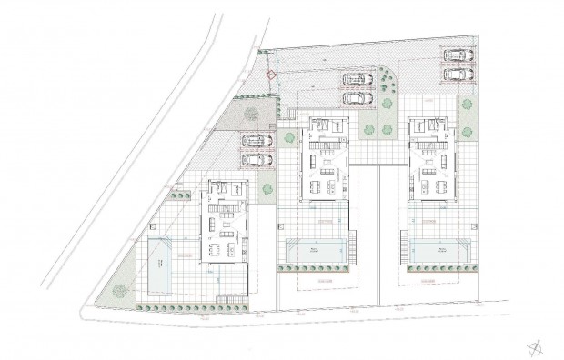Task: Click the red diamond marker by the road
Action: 269,75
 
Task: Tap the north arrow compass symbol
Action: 534,345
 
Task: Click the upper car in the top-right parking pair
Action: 455,55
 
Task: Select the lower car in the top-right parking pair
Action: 455,72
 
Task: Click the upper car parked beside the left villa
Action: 256,141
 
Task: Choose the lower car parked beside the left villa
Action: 256,159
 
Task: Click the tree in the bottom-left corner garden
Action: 118,293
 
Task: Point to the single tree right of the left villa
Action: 267,189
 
